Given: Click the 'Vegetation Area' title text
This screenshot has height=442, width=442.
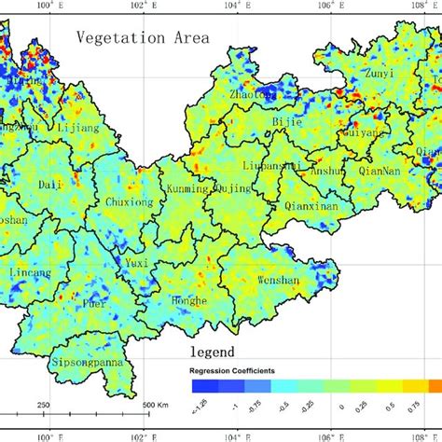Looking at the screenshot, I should tap(143, 38).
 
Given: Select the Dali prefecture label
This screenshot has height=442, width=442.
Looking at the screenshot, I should tap(50, 186).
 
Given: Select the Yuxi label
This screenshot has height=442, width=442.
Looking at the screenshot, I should tap(137, 263).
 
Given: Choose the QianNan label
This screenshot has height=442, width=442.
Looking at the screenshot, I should tap(378, 171).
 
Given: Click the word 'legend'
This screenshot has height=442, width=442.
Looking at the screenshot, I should tap(219, 352).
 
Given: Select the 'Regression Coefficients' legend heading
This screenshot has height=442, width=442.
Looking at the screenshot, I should tap(233, 370).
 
